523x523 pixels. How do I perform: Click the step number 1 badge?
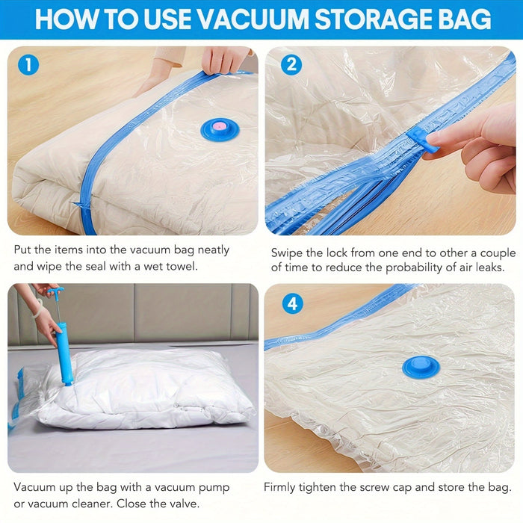pyautogui.click(x=28, y=65)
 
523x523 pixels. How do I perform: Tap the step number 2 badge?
pyautogui.click(x=291, y=65)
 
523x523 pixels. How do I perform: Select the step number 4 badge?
pyautogui.click(x=291, y=303)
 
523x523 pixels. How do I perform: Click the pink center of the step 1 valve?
pyautogui.click(x=220, y=127)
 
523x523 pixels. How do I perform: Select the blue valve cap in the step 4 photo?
pyautogui.click(x=421, y=366)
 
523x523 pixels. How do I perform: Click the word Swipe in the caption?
pyautogui.click(x=286, y=253)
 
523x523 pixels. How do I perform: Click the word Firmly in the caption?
pyautogui.click(x=282, y=487)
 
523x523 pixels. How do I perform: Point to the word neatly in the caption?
pyautogui.click(x=210, y=250)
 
